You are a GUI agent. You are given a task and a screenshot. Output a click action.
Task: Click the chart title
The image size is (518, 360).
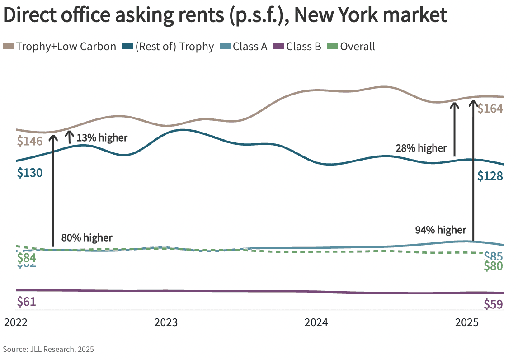tap(225, 16)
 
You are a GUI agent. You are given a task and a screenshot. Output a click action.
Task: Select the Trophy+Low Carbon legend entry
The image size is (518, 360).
tap(60, 46)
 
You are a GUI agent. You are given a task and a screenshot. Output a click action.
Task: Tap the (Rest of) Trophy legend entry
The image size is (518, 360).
tap(169, 46)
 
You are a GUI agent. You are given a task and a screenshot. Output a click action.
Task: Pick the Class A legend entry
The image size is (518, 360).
tap(244, 46)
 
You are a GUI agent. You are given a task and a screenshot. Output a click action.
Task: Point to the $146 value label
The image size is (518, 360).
tap(30, 141)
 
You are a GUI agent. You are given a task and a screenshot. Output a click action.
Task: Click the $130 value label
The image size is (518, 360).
tap(30, 173)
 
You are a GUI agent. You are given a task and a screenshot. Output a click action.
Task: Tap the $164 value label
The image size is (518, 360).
tap(490, 109)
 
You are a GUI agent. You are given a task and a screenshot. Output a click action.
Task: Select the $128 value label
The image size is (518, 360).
tap(490, 176)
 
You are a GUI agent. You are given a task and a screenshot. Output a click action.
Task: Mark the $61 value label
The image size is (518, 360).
tap(26, 302)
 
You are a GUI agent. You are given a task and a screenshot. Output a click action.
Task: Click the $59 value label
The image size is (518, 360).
tap(493, 305)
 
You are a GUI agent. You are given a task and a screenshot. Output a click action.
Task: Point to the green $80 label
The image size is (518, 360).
tap(493, 266)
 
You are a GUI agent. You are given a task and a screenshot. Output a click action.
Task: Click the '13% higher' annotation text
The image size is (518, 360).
tap(102, 138)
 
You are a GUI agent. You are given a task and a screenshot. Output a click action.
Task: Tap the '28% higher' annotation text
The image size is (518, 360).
tap(421, 148)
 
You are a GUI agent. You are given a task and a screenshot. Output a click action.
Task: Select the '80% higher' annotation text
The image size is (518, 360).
tap(87, 237)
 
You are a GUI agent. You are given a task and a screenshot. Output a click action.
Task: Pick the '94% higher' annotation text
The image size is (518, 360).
tap(440, 230)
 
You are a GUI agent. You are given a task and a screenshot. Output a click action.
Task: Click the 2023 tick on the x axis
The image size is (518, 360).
tap(166, 323)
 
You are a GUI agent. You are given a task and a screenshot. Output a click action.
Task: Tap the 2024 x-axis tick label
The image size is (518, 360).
tap(316, 323)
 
